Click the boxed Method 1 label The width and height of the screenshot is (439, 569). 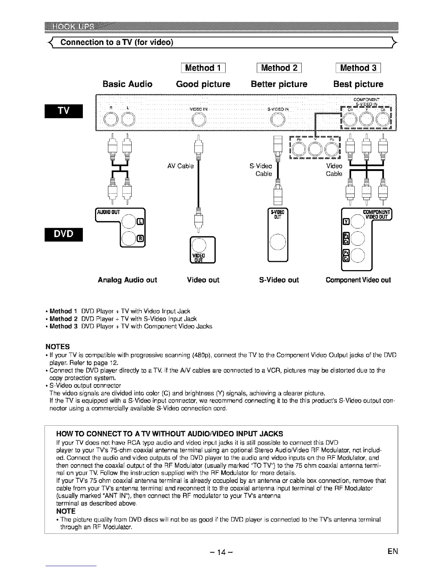203,68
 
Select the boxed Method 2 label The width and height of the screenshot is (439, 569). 279,68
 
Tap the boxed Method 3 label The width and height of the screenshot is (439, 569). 358,68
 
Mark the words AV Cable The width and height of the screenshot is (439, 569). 180,166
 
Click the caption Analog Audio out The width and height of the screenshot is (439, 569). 127,280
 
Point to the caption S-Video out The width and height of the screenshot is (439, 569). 279,280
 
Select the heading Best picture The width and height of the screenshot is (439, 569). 358,84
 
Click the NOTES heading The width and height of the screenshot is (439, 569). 58,346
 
